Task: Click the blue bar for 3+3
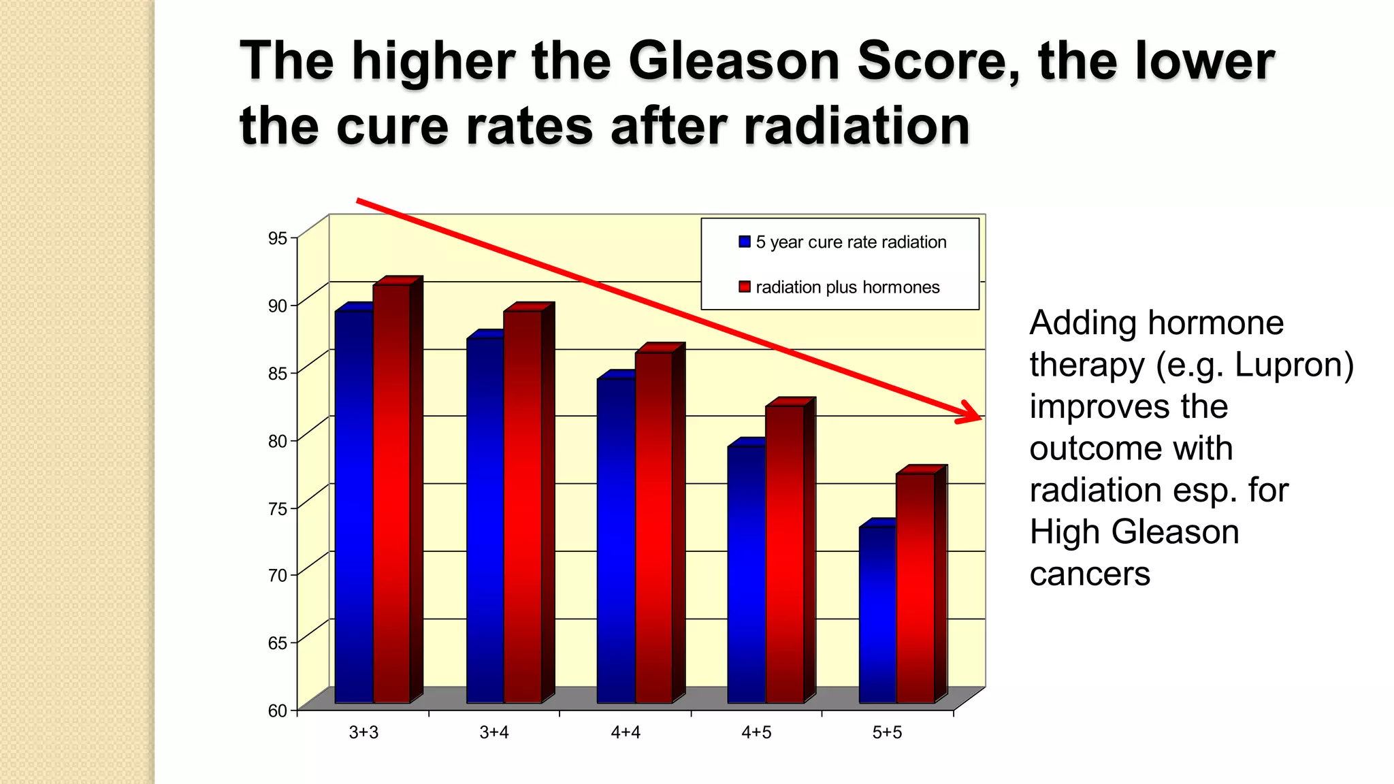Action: pyautogui.click(x=354, y=507)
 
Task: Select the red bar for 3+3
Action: pyautogui.click(x=392, y=493)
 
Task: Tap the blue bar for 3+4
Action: pyautogui.click(x=485, y=521)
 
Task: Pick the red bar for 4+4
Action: pyautogui.click(x=654, y=527)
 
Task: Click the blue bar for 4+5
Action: pyautogui.click(x=747, y=575)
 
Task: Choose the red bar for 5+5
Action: pyautogui.click(x=915, y=589)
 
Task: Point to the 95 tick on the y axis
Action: pyautogui.click(x=278, y=238)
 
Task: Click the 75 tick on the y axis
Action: pyautogui.click(x=278, y=508)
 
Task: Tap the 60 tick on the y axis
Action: pyautogui.click(x=278, y=711)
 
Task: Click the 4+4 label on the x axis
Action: pyautogui.click(x=626, y=733)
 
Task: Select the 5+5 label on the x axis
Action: pyautogui.click(x=887, y=733)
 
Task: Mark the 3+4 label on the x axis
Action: pyautogui.click(x=494, y=733)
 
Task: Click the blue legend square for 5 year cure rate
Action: pyautogui.click(x=745, y=242)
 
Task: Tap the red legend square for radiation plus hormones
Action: pyautogui.click(x=745, y=287)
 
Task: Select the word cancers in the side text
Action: pyautogui.click(x=1090, y=574)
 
